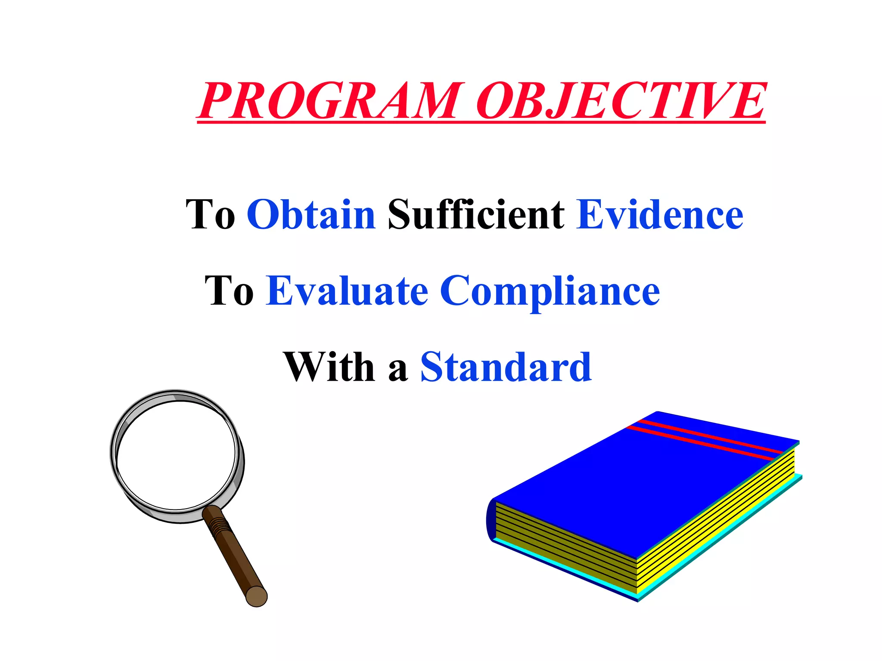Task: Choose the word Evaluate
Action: (x=347, y=291)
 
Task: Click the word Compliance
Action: (x=550, y=292)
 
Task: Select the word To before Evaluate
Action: (x=229, y=291)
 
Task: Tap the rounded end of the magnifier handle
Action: (x=257, y=596)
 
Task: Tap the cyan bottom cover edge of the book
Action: (x=724, y=538)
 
